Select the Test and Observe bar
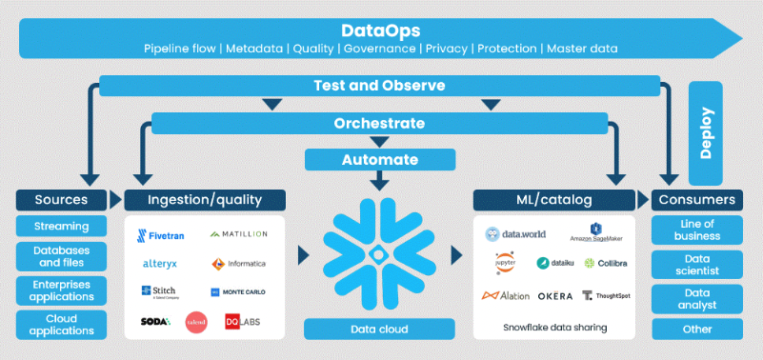(x=380, y=86)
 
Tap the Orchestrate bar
(x=380, y=124)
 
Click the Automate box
(x=380, y=159)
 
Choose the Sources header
(x=61, y=200)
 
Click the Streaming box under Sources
(x=61, y=227)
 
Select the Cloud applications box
(x=61, y=325)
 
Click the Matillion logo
(x=238, y=234)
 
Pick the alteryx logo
(x=160, y=263)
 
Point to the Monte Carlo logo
(x=238, y=291)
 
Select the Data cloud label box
(x=380, y=330)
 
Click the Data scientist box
(x=697, y=264)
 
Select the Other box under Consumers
(x=697, y=330)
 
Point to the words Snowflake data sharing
(x=555, y=327)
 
